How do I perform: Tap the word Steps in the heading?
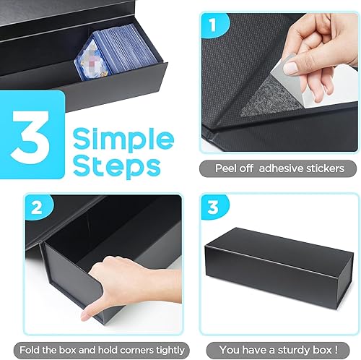[x=115, y=167]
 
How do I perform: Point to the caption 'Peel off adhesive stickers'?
[x=279, y=168]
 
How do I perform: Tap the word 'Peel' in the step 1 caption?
[x=227, y=168]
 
